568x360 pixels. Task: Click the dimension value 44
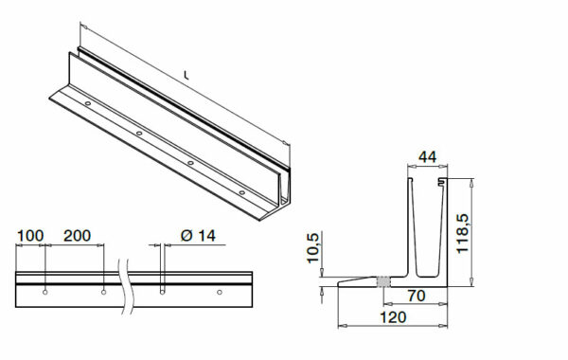pos(428,157)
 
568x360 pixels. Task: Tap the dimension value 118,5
pos(463,234)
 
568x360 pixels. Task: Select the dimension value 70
pos(417,296)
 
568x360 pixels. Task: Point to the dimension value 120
pos(393,317)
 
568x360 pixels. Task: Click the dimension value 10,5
pos(312,248)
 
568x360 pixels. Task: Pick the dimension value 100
pos(30,236)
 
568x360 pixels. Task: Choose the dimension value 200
pos(78,236)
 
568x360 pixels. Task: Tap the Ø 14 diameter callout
pos(198,236)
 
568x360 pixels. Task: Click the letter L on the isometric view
pos(186,76)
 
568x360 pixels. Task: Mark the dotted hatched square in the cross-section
pos(383,281)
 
